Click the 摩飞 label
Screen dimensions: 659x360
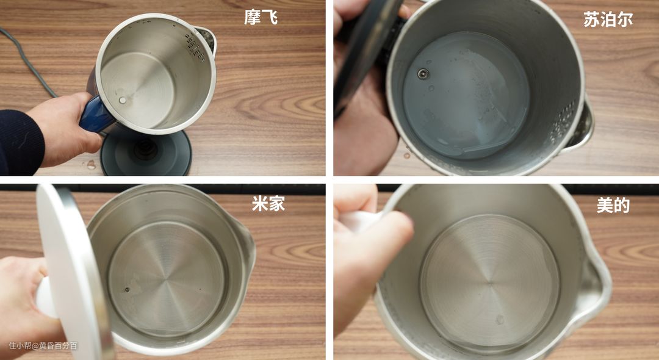[261, 17]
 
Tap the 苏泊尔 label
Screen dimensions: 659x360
[608, 20]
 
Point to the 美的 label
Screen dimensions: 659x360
[613, 205]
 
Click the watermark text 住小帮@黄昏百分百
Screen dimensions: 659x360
[43, 346]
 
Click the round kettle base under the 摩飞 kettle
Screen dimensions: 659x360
[146, 152]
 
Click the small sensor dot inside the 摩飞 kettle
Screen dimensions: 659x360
[122, 100]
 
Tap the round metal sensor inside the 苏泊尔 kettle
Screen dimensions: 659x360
[423, 74]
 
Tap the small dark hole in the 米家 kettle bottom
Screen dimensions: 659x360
[127, 289]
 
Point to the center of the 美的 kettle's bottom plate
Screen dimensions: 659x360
[490, 284]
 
